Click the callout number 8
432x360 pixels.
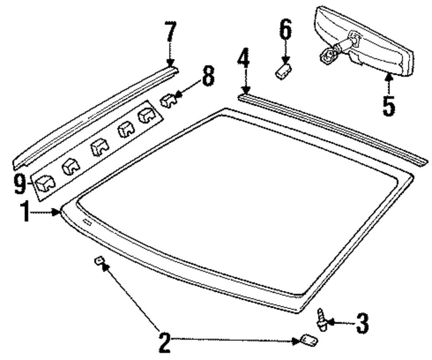207,78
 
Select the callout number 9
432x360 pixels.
20,185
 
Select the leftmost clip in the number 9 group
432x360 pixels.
45,183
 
